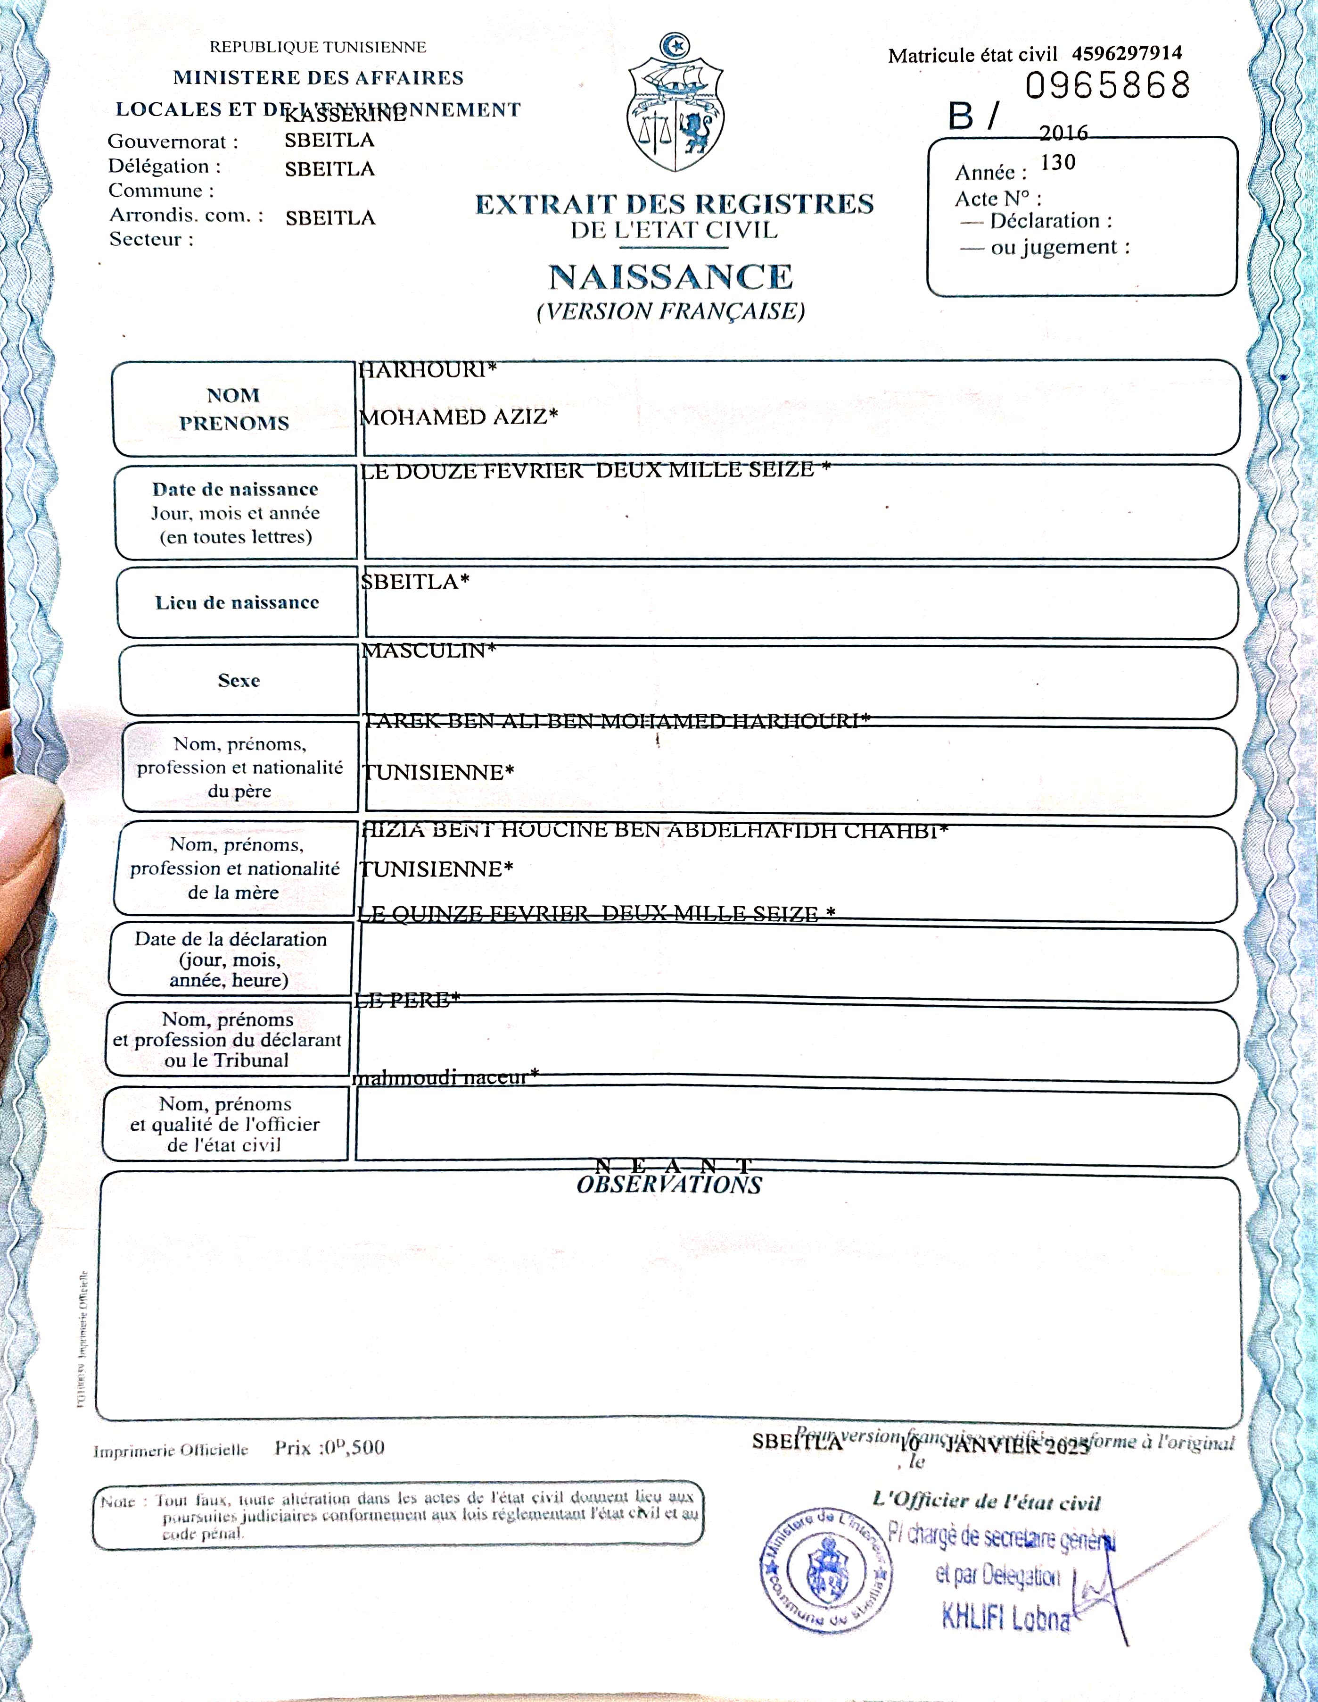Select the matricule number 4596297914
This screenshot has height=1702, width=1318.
point(1126,53)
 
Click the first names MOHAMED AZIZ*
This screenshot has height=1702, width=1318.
point(458,417)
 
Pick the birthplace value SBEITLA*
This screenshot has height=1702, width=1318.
point(415,581)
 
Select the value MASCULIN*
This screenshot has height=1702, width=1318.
point(428,651)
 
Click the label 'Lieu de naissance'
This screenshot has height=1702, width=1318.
point(237,602)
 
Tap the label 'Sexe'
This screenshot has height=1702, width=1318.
point(239,680)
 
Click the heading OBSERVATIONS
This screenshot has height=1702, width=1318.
point(669,1185)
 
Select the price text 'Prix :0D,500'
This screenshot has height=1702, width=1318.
point(329,1448)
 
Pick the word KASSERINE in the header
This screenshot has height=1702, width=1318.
point(344,115)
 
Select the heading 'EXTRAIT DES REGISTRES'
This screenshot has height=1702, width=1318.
point(675,204)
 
